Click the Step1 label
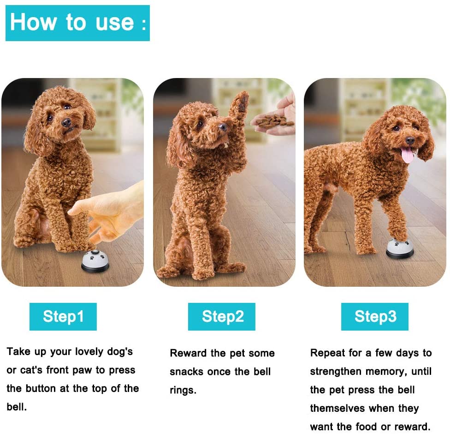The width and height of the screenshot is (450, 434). point(63,316)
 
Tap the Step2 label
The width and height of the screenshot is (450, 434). point(222,316)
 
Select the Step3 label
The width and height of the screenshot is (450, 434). point(375,316)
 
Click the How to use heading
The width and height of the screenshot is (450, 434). point(78,23)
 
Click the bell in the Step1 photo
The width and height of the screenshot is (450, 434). point(95,261)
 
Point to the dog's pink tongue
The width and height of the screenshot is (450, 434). point(407,155)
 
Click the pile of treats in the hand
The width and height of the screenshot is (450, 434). point(273,121)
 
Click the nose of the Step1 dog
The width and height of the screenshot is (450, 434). point(66,122)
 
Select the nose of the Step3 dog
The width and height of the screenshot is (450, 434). point(409,140)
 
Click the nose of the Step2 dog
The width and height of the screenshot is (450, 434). point(222,127)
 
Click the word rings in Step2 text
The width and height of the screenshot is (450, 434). point(183,391)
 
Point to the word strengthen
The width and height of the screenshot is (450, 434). point(336,372)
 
